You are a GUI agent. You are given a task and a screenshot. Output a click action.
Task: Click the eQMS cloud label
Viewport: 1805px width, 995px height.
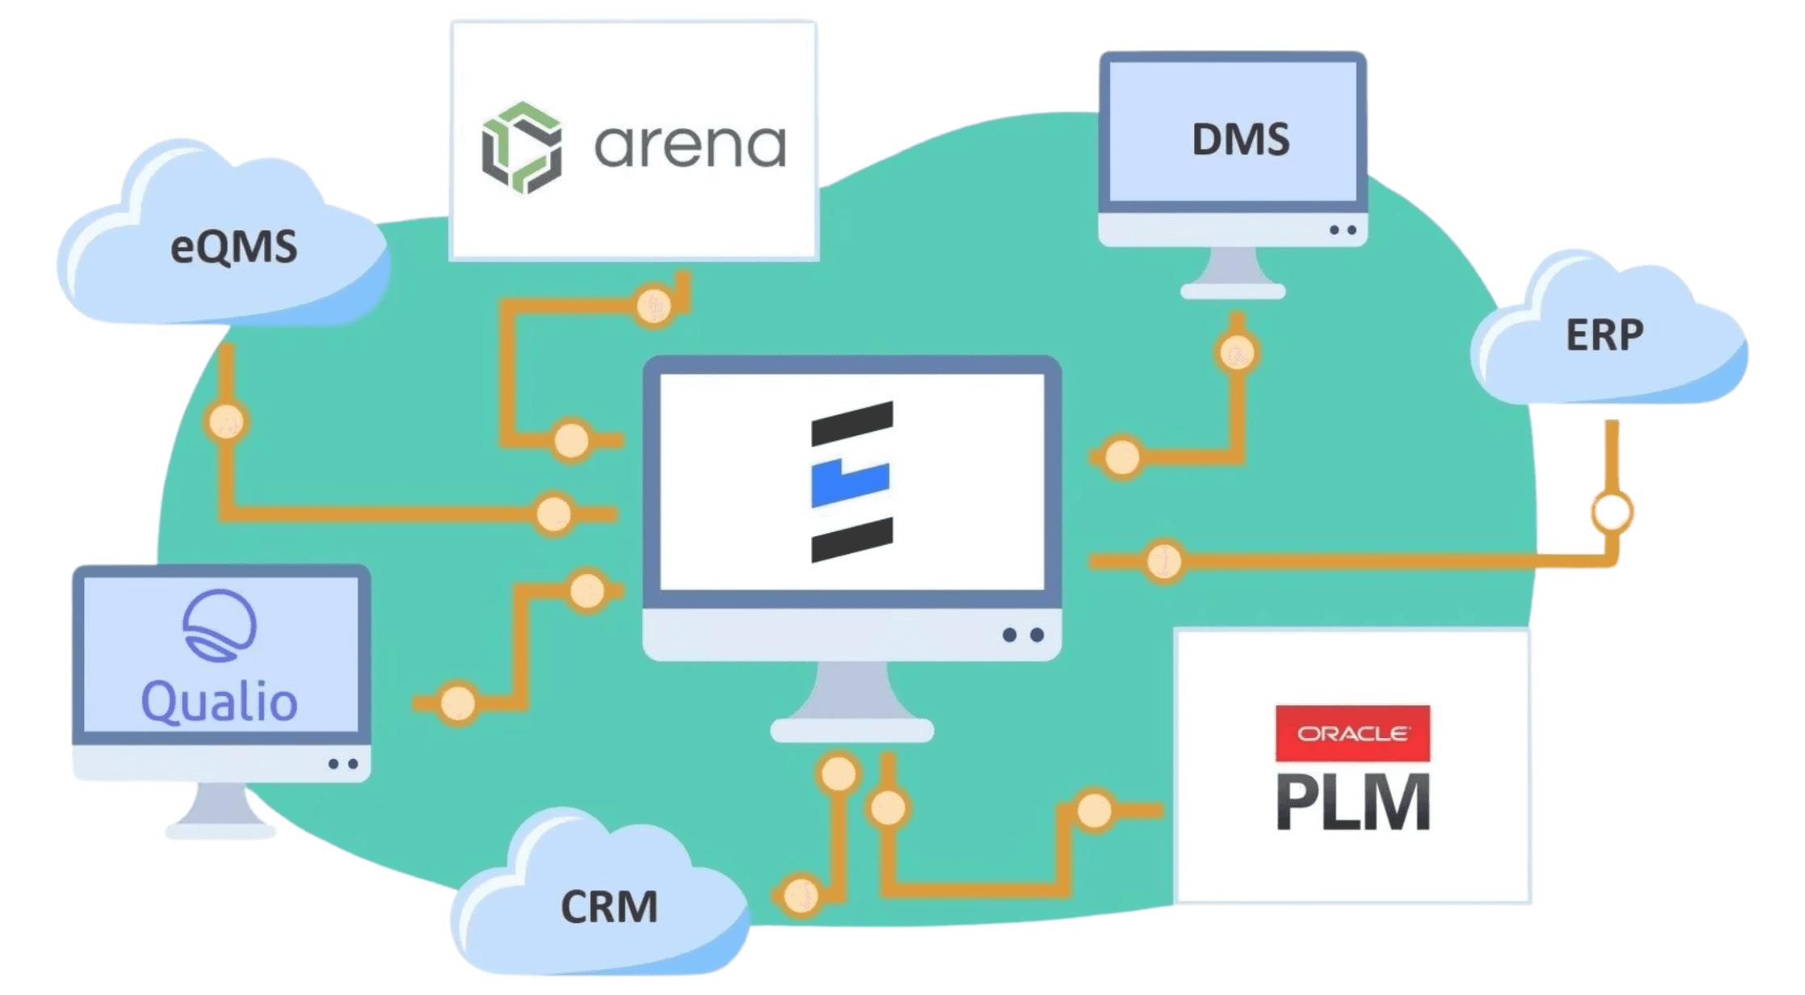234,247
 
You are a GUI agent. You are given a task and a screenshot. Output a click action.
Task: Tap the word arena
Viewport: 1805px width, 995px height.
689,146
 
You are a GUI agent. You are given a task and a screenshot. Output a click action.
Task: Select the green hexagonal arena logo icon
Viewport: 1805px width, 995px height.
522,148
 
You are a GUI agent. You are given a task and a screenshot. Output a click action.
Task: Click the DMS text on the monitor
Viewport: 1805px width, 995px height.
1240,139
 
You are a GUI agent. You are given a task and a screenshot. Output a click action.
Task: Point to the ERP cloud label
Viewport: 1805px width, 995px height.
1605,334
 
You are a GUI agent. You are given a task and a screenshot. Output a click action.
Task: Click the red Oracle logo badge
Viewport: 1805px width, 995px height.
1352,733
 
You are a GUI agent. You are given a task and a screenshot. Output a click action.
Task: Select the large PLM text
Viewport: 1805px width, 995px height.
1353,801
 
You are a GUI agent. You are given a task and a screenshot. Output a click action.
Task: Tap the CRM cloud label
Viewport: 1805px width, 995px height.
609,906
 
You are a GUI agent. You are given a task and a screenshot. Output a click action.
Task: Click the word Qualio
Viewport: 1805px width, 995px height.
219,701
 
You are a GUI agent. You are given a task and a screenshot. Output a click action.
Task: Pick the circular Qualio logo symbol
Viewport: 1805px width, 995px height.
219,625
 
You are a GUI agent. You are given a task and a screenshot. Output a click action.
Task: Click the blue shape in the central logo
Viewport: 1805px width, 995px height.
850,482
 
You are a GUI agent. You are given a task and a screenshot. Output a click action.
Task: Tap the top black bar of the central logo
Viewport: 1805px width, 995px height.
852,423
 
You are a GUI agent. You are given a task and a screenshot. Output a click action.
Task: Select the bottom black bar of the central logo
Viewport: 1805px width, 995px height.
852,539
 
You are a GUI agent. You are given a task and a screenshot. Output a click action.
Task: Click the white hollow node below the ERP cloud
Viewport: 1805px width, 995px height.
1611,512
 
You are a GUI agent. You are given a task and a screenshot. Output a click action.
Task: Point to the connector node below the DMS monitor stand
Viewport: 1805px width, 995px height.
1236,352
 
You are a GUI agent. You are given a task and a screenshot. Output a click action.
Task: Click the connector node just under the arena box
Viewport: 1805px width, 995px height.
653,306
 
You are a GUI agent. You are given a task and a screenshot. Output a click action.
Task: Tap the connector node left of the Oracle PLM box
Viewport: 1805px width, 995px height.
1094,810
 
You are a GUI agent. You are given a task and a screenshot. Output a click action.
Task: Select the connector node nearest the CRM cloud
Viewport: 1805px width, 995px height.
801,895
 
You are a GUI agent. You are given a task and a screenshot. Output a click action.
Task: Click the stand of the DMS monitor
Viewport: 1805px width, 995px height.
1232,271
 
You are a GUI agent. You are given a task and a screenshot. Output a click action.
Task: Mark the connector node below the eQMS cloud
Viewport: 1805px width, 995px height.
226,422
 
